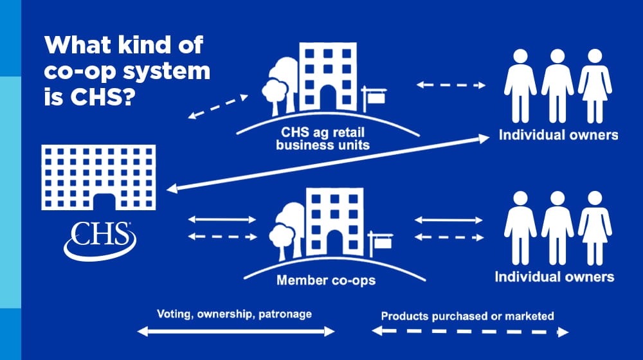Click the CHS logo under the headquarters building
100,237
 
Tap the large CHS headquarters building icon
98,176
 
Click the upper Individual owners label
559,135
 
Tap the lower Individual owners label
554,277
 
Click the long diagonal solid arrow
328,161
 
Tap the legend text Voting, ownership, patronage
234,314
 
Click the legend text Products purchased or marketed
467,316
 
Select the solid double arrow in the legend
237,332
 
